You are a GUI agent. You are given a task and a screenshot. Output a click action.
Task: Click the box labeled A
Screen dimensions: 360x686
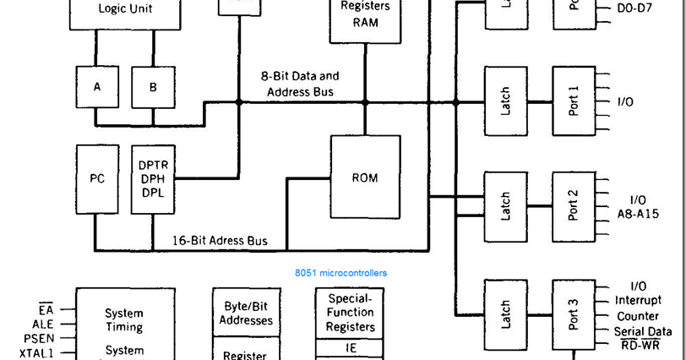[97, 87]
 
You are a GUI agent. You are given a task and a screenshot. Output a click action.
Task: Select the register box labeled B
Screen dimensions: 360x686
[153, 87]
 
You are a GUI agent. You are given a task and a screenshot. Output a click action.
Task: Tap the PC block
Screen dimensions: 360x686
[97, 179]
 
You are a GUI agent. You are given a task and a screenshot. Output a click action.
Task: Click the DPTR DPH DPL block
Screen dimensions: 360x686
[153, 179]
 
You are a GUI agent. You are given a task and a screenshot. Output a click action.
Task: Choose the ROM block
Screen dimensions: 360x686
[365, 178]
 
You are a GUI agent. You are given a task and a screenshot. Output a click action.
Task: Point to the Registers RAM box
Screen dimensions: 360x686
[365, 15]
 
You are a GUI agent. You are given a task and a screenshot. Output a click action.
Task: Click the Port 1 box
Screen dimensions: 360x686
[574, 101]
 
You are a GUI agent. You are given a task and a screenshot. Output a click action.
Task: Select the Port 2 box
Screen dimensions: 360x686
[574, 206]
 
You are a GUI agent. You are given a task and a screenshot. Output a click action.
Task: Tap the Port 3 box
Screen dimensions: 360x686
[574, 314]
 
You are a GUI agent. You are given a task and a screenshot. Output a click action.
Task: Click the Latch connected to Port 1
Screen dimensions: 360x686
[505, 101]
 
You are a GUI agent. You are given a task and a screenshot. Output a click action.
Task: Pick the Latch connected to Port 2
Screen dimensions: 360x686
[505, 206]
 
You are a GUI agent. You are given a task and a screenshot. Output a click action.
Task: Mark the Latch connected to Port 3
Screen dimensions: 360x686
[505, 314]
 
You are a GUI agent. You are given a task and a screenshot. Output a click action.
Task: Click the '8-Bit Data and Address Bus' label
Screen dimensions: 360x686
[300, 84]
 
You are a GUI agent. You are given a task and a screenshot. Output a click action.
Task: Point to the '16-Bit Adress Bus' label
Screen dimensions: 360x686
[220, 241]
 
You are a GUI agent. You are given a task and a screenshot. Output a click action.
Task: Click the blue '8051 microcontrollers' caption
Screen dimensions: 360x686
[340, 273]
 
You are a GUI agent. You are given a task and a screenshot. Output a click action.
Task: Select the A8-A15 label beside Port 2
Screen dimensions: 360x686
[638, 214]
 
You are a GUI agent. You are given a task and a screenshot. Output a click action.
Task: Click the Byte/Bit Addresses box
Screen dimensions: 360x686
[246, 314]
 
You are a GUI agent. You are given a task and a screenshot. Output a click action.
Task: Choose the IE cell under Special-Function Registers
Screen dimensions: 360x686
[351, 347]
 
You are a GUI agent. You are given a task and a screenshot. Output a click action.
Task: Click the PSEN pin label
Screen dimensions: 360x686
[39, 339]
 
